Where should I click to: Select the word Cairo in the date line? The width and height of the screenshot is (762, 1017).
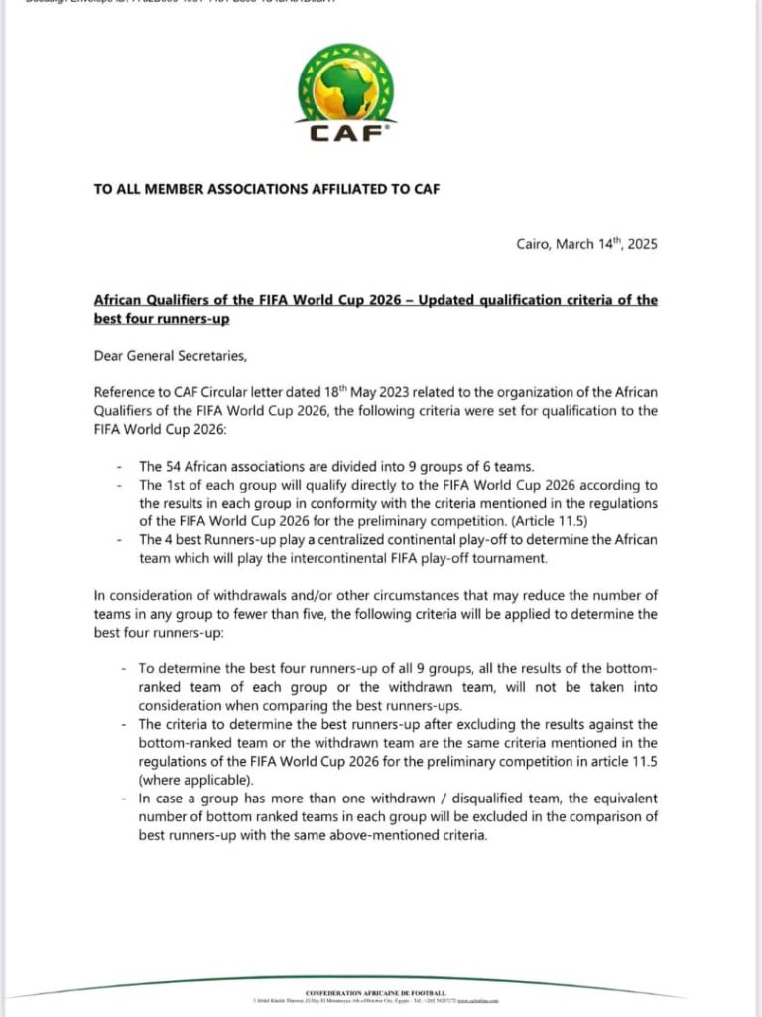pyautogui.click(x=536, y=243)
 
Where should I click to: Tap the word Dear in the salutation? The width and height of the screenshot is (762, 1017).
pyautogui.click(x=110, y=355)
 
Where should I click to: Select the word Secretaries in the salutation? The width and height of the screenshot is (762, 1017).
pyautogui.click(x=218, y=355)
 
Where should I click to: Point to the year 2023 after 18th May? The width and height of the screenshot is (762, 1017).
pyautogui.click(x=410, y=392)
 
